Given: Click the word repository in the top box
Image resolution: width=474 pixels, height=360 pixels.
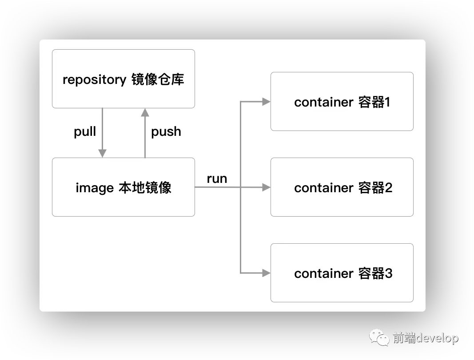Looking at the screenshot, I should coord(94,80).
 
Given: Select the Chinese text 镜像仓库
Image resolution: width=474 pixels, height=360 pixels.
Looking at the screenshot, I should coord(158,79).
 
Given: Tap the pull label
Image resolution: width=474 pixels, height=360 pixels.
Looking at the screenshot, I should coord(85,132).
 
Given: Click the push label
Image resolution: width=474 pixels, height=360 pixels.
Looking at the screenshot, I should coord(166,132).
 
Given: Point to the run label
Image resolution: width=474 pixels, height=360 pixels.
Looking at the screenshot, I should coord(217,179).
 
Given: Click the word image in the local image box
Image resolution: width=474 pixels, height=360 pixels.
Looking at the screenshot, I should coord(95,188).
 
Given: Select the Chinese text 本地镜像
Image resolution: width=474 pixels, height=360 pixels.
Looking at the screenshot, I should coord(145,188).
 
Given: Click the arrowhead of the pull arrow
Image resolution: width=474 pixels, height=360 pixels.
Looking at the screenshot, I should coord(103,153).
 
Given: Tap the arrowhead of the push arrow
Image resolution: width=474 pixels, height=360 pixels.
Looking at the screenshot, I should coord(145,112).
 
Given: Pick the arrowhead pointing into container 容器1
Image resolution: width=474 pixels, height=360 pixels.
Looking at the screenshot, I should coord(267,102).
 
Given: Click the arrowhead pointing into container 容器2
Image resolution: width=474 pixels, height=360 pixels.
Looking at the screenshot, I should coord(267,187).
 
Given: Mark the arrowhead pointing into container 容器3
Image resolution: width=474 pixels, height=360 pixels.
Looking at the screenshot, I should coord(267,273).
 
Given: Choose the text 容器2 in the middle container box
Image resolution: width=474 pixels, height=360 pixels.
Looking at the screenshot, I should coord(374,188).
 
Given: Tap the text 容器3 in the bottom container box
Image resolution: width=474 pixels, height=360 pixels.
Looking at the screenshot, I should coord(374,273).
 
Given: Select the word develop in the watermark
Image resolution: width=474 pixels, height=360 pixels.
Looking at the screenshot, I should coord(437,338).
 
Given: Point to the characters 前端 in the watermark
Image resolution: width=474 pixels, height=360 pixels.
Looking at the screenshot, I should coord(404,338).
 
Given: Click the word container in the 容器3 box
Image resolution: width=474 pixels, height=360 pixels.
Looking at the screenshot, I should coord(323,273).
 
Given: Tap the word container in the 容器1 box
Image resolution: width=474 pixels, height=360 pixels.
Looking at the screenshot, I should coord(323,103).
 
